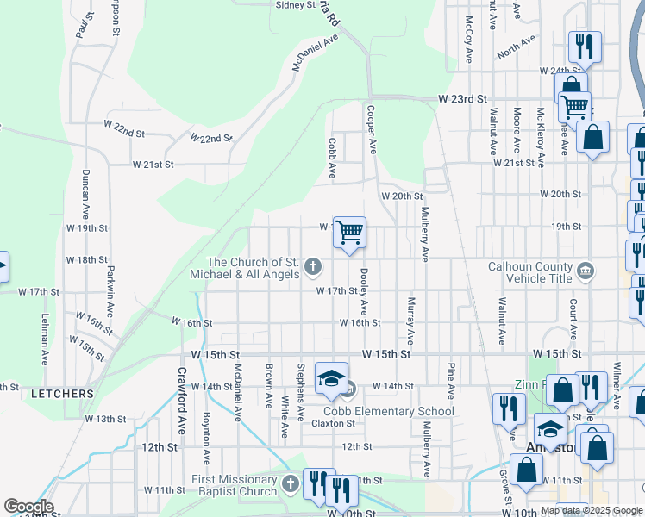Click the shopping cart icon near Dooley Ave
click(x=349, y=233)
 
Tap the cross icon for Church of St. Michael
click(x=313, y=270)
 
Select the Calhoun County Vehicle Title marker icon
click(x=586, y=271)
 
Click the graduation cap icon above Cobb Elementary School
click(x=331, y=378)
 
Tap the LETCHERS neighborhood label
click(x=62, y=394)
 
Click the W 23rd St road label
click(x=462, y=100)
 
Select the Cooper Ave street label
click(x=371, y=129)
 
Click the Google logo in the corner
click(x=28, y=507)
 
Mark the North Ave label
click(x=517, y=48)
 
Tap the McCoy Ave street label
click(x=469, y=40)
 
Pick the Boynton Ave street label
click(x=206, y=437)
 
